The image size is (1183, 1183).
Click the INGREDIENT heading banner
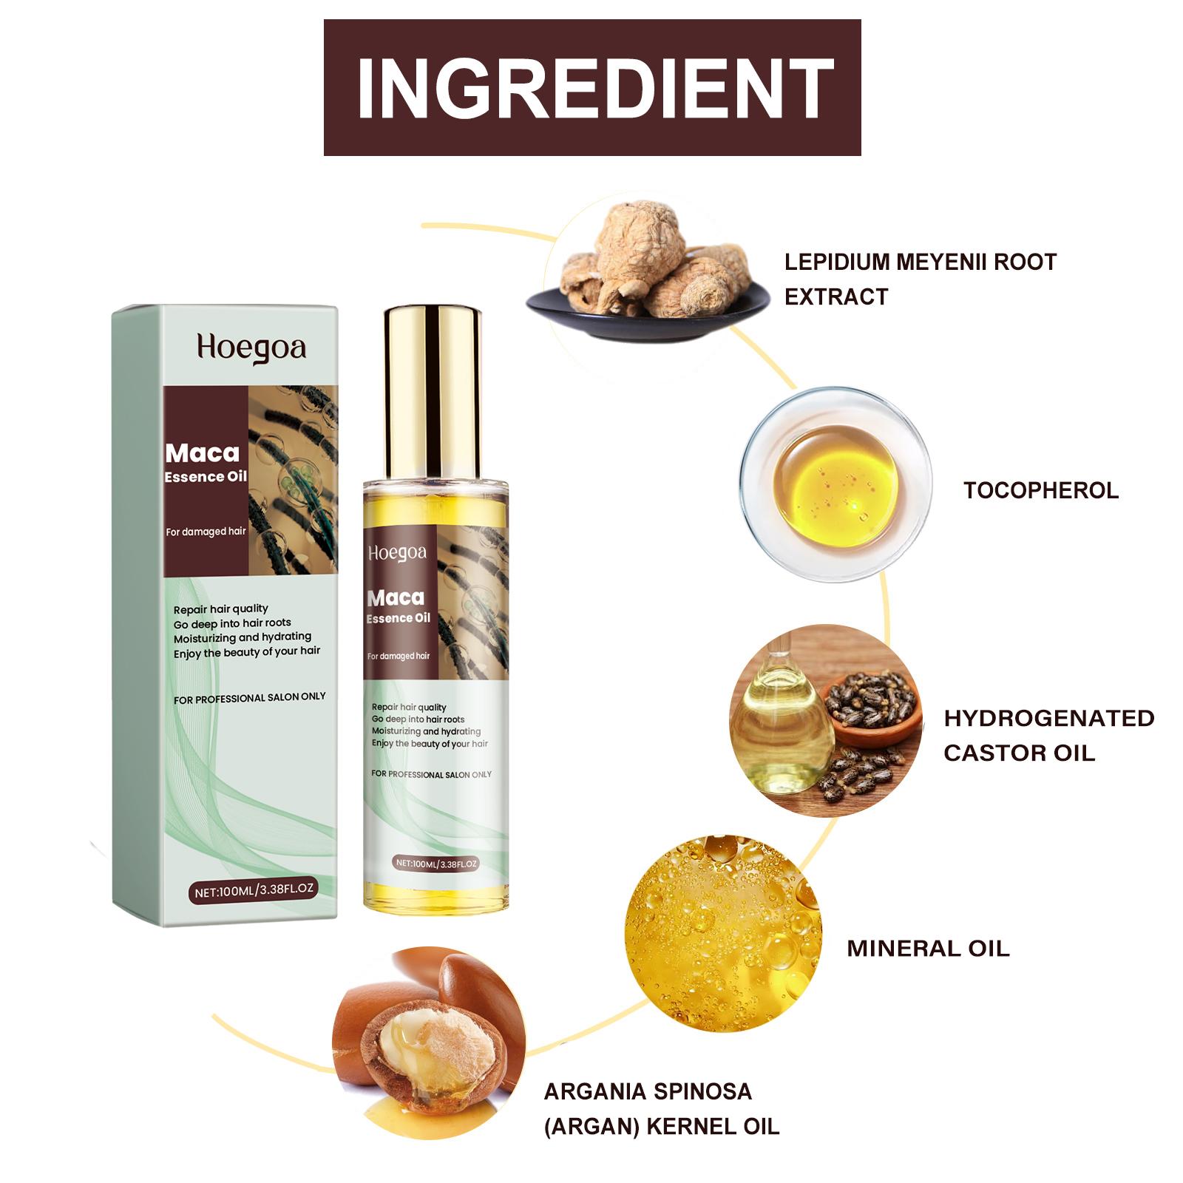click(592, 87)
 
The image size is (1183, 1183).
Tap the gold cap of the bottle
click(433, 392)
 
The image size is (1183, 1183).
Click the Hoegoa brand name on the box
click(251, 348)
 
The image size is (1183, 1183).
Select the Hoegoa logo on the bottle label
click(397, 553)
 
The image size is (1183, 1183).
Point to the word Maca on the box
click(203, 452)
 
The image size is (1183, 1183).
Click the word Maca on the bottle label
click(396, 597)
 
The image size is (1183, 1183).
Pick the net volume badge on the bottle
click(436, 863)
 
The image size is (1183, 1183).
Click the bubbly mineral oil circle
click(723, 934)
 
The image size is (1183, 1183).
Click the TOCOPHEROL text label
click(1041, 490)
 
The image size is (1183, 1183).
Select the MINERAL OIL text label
click(928, 949)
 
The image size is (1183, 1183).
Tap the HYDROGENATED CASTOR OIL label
click(1048, 736)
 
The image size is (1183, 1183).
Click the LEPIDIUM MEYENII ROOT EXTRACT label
click(921, 279)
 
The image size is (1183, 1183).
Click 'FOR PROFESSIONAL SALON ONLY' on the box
click(250, 698)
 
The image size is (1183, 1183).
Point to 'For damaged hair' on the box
click(206, 532)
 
